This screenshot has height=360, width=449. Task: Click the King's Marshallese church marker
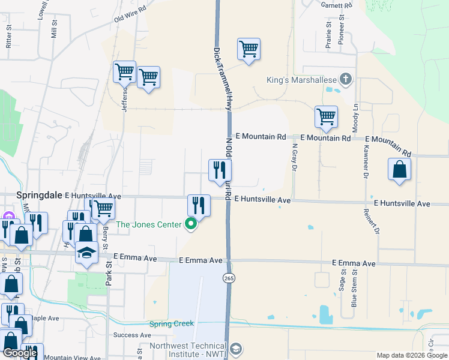click(x=345, y=79)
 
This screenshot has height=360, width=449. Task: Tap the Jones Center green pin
click(x=191, y=225)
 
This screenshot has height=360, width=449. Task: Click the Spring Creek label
click(x=172, y=324)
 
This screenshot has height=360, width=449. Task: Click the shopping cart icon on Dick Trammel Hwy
click(x=249, y=49)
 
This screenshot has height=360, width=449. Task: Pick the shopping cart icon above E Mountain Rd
click(x=326, y=116)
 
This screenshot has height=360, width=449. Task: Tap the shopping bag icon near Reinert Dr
click(x=399, y=170)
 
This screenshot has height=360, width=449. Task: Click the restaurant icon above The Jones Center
click(x=199, y=206)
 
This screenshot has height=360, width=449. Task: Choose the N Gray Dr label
click(x=295, y=157)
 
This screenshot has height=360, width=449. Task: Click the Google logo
click(x=20, y=353)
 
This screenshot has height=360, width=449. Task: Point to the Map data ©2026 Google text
click(x=412, y=355)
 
